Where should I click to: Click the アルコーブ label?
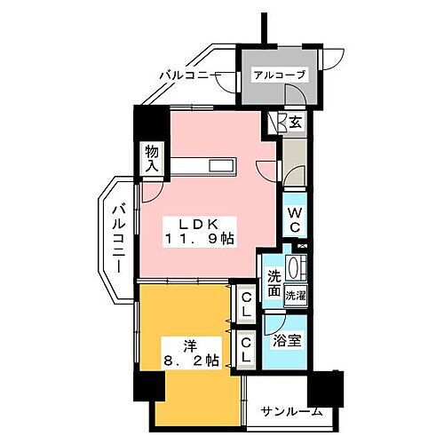[x=277, y=75]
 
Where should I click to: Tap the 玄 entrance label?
[x=294, y=123]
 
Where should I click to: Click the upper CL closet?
[x=246, y=304]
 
